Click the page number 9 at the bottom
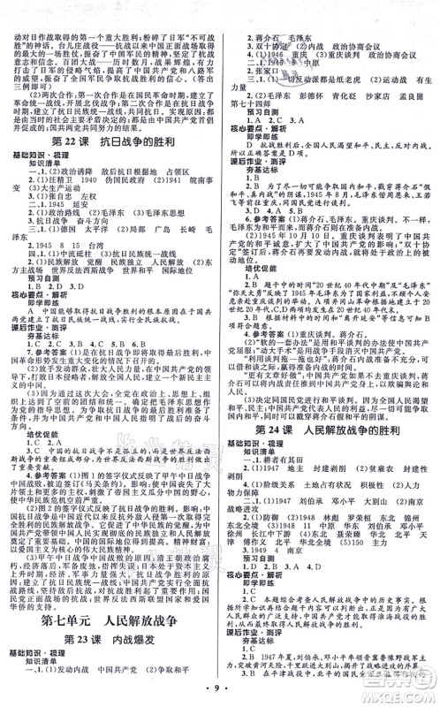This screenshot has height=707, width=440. tap(220, 689)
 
